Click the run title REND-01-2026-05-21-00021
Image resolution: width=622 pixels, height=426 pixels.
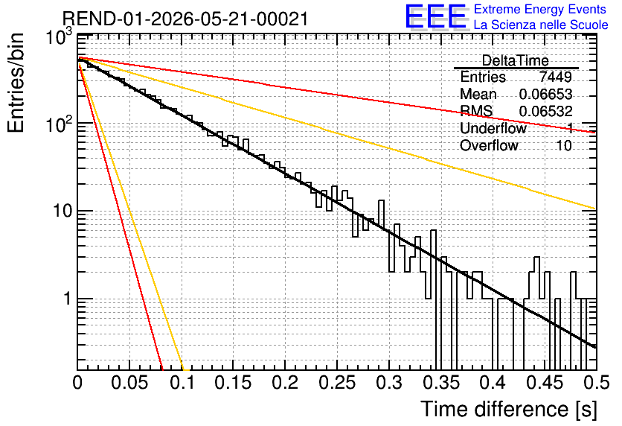point(185,19)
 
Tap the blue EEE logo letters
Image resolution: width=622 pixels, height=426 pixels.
point(436,16)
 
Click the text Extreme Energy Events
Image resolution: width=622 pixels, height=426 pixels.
point(540,9)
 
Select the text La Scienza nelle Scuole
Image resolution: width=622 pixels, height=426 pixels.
point(541,25)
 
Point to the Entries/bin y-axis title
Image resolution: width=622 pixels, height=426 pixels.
point(16,83)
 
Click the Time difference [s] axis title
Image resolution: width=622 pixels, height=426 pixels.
point(509,409)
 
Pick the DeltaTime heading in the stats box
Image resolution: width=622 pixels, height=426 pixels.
point(516,60)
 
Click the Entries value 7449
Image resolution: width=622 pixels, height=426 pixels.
point(555,77)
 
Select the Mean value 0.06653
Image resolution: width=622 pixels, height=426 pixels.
point(545,94)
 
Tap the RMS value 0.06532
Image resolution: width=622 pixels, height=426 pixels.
point(545,111)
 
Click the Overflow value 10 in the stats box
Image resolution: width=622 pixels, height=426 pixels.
point(564,145)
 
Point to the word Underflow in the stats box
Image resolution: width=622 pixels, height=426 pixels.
point(493,128)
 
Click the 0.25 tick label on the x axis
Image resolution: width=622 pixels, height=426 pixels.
point(337,383)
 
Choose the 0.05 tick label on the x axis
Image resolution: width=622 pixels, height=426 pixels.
point(129,383)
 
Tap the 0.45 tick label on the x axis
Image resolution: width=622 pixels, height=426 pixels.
point(545,383)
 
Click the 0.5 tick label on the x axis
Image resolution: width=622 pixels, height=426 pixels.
point(596,383)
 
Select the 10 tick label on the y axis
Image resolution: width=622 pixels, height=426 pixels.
point(62,211)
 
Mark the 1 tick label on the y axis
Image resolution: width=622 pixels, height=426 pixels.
point(68,299)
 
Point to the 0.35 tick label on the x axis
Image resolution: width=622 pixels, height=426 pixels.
point(440,383)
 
